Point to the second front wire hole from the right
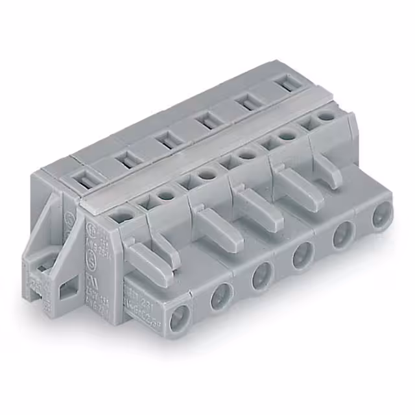click(x=343, y=235)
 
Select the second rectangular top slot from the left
click(x=124, y=158)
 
